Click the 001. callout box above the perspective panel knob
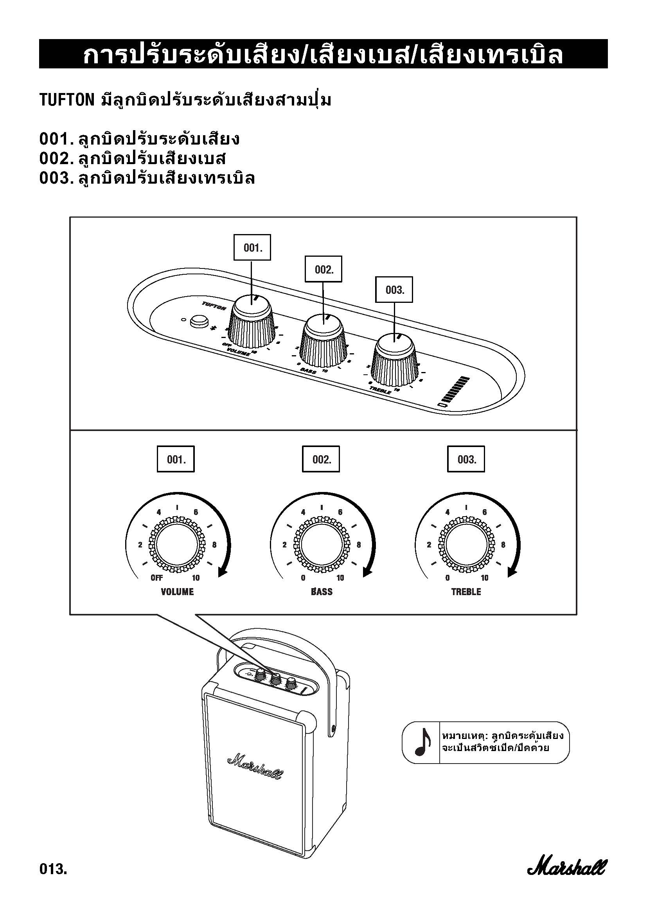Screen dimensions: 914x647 tap(252, 248)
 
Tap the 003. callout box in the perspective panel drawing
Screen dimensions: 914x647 tap(394, 290)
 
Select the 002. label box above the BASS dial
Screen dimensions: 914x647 tap(321, 460)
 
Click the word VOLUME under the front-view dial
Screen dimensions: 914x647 tap(177, 592)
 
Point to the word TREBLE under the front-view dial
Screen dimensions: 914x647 tap(466, 592)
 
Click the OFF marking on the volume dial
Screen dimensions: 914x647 tap(156, 578)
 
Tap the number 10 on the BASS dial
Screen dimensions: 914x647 tap(340, 578)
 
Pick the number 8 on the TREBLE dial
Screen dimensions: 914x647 tap(503, 545)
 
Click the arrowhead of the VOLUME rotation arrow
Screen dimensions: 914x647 tap(222, 573)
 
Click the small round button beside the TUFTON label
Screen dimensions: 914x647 tap(197, 321)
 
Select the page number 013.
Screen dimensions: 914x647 tap(53, 869)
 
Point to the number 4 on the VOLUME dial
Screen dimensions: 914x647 tap(158, 512)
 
